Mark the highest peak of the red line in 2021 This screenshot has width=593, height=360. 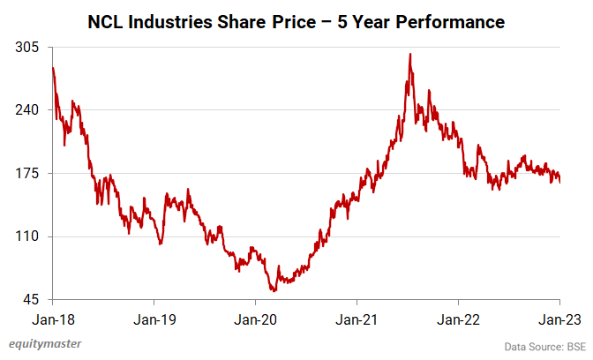(410, 54)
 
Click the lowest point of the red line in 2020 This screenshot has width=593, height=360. (274, 290)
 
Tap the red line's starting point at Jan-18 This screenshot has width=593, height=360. (53, 68)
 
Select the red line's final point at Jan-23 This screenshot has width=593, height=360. (560, 182)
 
